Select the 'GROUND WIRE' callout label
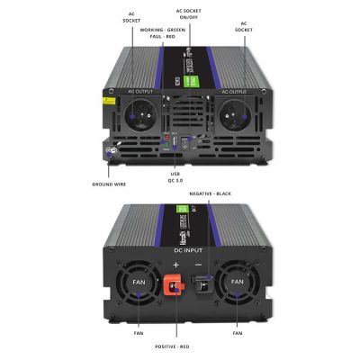108,184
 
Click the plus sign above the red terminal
176,265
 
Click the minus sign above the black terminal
198,265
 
